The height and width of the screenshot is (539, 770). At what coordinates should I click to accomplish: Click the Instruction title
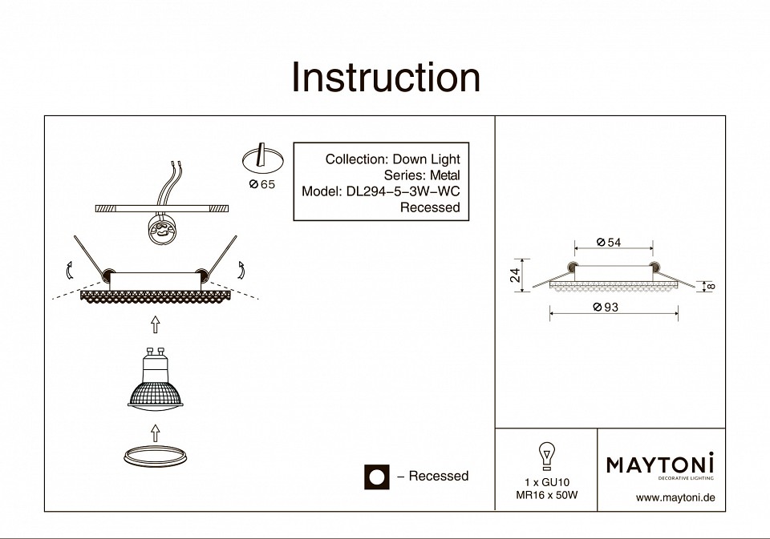coord(385,78)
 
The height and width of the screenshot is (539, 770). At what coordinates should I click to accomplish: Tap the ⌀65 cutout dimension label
coord(261,185)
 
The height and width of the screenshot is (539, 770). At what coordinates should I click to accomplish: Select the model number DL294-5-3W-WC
coord(403,191)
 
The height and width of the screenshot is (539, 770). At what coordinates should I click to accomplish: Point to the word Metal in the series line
coord(445,175)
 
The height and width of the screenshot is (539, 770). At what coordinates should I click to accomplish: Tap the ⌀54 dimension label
coord(610,243)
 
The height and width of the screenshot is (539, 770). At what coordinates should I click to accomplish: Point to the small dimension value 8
coord(711,286)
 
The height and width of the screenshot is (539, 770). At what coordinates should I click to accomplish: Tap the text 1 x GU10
coord(546,482)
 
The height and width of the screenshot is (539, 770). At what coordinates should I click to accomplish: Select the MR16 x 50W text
coord(546,495)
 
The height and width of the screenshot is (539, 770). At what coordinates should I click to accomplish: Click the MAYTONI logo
coord(659,465)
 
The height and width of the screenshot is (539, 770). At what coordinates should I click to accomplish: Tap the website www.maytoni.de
coord(675,497)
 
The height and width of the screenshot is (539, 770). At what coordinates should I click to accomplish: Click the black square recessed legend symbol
coord(375,477)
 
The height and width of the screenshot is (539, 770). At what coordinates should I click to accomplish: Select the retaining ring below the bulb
coord(156,457)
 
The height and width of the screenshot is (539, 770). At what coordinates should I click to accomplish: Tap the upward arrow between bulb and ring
coord(156,432)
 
